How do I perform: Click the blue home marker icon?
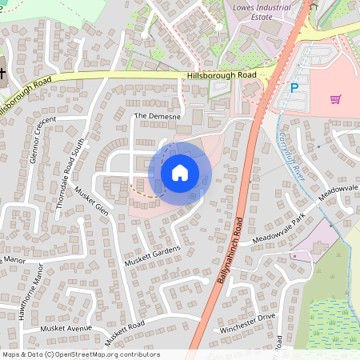[x=180, y=173]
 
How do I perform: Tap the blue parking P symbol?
[x=294, y=88]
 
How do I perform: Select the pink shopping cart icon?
[x=335, y=99]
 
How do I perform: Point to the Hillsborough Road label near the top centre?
[x=221, y=74]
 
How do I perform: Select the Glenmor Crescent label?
[x=42, y=140]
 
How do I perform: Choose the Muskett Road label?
[x=122, y=330]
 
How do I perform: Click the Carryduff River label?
[x=295, y=161]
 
